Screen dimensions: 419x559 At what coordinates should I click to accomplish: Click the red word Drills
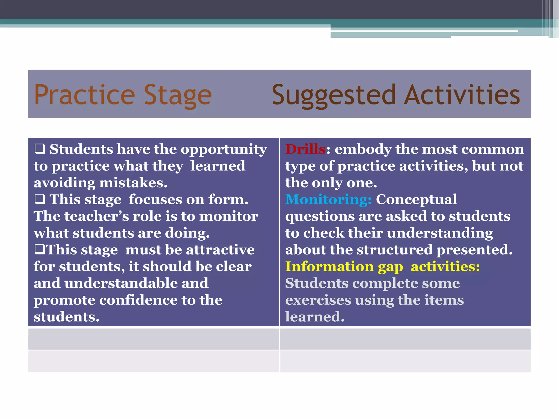pos(305,149)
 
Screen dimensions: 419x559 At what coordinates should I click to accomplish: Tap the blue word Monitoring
pos(328,200)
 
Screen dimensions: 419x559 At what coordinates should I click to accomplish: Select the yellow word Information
pos(329,267)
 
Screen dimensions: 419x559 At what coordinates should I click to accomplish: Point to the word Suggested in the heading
pos(334,95)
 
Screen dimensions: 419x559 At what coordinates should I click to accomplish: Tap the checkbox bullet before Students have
pos(40,149)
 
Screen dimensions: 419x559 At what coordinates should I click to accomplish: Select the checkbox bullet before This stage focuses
pos(40,199)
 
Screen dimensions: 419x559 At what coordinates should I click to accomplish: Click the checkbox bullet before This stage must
pos(40,250)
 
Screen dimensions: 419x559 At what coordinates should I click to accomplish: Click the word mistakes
pos(133,183)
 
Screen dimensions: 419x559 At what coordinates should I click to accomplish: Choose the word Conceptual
pos(416,200)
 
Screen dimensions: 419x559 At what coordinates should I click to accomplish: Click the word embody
pos(363,149)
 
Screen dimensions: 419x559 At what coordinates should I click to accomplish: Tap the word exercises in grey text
pos(318,300)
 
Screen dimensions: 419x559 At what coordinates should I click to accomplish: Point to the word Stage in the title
pos(178,95)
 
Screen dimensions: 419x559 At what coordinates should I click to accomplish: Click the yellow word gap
pos(390,267)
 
